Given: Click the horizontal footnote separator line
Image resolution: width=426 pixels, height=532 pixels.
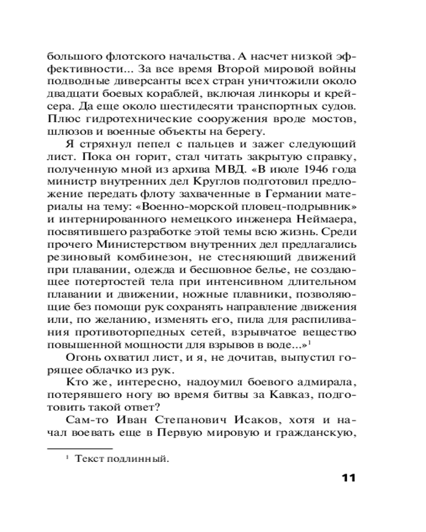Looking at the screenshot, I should coord(80,448).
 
